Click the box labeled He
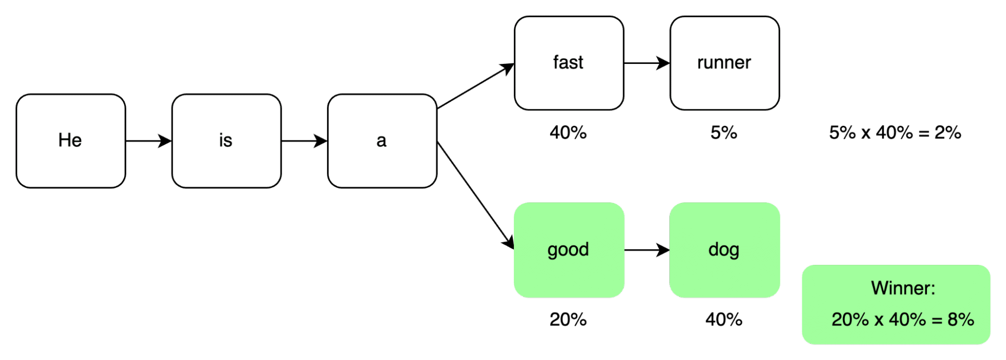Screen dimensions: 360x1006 tap(70, 141)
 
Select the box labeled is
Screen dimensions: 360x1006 tap(226, 141)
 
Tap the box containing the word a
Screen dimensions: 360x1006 tap(382, 141)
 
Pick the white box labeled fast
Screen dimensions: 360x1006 tap(569, 63)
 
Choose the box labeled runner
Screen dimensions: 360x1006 tap(724, 63)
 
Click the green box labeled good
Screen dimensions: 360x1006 tap(569, 250)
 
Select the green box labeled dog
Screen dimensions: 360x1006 tap(724, 250)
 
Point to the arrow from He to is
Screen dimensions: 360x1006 tap(148, 141)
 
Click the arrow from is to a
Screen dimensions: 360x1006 tap(304, 141)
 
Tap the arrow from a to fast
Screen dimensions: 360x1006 tap(476, 86)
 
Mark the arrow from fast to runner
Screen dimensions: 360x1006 tap(647, 63)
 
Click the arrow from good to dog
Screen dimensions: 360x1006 tap(647, 250)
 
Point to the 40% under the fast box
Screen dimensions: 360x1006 tap(568, 133)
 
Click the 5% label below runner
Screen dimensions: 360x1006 tap(724, 133)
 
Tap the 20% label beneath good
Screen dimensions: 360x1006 tap(568, 320)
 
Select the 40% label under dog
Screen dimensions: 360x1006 tap(724, 320)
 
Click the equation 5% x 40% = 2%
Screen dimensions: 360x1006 tap(895, 133)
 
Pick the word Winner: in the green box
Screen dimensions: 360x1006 tap(903, 289)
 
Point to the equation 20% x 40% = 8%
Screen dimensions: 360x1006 tap(902, 320)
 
